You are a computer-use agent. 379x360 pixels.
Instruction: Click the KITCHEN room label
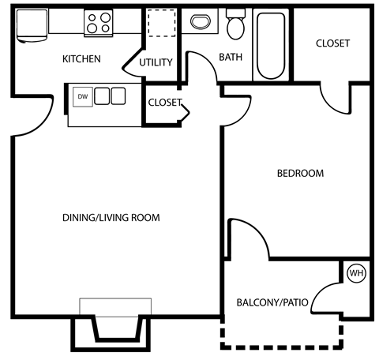click(x=81, y=59)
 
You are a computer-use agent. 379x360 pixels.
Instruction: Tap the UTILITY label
click(x=156, y=63)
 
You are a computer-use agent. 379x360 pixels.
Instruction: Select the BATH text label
click(x=231, y=57)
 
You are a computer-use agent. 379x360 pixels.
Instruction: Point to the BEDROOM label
click(x=299, y=174)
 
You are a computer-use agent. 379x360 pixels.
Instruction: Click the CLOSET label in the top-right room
click(x=332, y=43)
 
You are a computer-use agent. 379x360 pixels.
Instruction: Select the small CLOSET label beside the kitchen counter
click(x=164, y=103)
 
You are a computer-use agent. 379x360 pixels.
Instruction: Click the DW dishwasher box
click(x=82, y=96)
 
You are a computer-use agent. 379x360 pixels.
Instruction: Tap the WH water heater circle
click(x=355, y=273)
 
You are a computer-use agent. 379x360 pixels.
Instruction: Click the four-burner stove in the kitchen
click(x=99, y=23)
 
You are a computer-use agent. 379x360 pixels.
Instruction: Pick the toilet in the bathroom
click(x=235, y=26)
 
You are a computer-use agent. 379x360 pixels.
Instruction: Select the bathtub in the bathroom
click(x=270, y=45)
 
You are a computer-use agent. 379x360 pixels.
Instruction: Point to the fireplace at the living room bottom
click(x=115, y=324)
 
